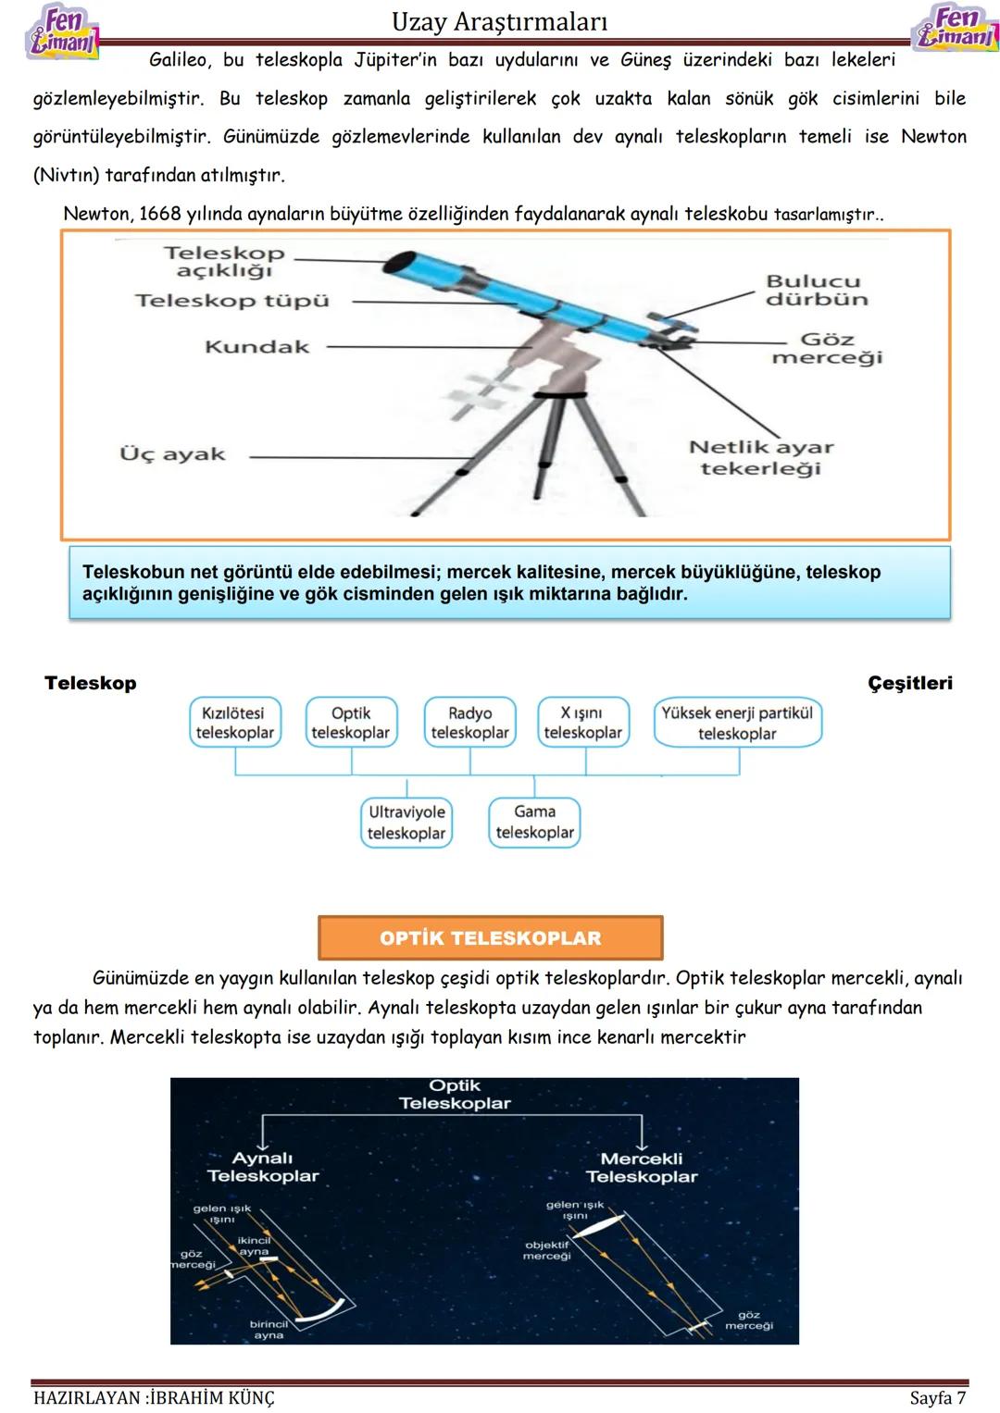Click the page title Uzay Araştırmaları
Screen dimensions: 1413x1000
[499, 21]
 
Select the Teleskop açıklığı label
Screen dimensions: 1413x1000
[224, 261]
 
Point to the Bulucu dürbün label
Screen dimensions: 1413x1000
[816, 290]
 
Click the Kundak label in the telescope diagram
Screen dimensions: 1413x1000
[256, 347]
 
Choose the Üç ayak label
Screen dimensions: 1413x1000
[172, 454]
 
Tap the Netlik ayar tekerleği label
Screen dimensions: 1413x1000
[761, 457]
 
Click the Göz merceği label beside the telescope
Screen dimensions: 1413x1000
[827, 348]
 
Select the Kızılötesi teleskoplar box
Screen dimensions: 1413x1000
[234, 723]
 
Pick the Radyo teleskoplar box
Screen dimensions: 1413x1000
[469, 723]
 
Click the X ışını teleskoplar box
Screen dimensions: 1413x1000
[582, 723]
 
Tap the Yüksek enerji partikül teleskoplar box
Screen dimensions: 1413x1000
[737, 723]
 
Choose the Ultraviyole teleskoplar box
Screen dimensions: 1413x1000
[406, 823]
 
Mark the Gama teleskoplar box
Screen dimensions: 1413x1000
[534, 822]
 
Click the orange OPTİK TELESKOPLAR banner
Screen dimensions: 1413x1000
[490, 938]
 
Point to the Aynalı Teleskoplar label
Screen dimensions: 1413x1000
[263, 1167]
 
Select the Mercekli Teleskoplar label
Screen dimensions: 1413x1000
[642, 1167]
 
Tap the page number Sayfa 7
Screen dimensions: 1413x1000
[937, 1397]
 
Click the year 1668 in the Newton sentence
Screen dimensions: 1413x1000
[159, 214]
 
